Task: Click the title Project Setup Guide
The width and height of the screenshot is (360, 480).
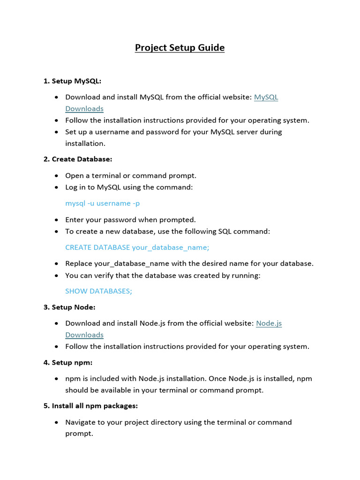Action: tap(180, 48)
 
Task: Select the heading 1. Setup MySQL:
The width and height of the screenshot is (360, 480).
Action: tap(72, 81)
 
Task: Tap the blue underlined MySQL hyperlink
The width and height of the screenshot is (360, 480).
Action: tap(266, 97)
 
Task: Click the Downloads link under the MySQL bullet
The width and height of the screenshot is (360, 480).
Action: tap(84, 109)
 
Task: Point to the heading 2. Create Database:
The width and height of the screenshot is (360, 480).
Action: tap(78, 159)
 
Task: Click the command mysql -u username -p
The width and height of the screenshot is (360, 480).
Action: tap(102, 203)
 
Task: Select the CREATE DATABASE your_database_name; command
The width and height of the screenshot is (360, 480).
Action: tap(137, 247)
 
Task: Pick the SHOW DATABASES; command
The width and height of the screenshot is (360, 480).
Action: tap(98, 291)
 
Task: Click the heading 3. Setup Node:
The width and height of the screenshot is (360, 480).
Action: tap(69, 307)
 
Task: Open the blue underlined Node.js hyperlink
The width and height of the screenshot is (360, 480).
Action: tap(269, 323)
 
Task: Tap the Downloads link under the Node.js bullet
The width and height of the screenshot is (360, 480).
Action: tap(84, 335)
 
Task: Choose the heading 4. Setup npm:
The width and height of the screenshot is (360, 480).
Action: tap(68, 362)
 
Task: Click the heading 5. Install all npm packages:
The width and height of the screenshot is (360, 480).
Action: tap(90, 406)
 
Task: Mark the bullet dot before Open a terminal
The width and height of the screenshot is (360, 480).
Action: tap(56, 176)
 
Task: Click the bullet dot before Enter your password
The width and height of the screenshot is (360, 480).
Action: tap(56, 220)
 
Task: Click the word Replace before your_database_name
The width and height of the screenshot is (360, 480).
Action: tap(78, 263)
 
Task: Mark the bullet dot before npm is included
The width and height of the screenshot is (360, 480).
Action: tap(56, 379)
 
